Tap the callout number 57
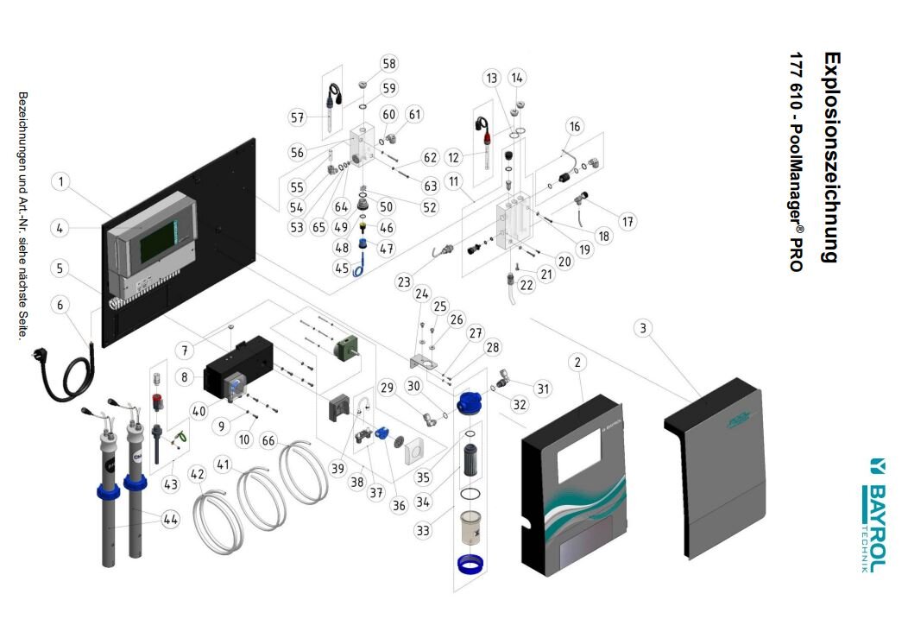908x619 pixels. (x=298, y=117)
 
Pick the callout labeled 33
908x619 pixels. (x=423, y=530)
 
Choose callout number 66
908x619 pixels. (x=268, y=441)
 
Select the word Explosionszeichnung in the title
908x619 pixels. (x=831, y=155)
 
